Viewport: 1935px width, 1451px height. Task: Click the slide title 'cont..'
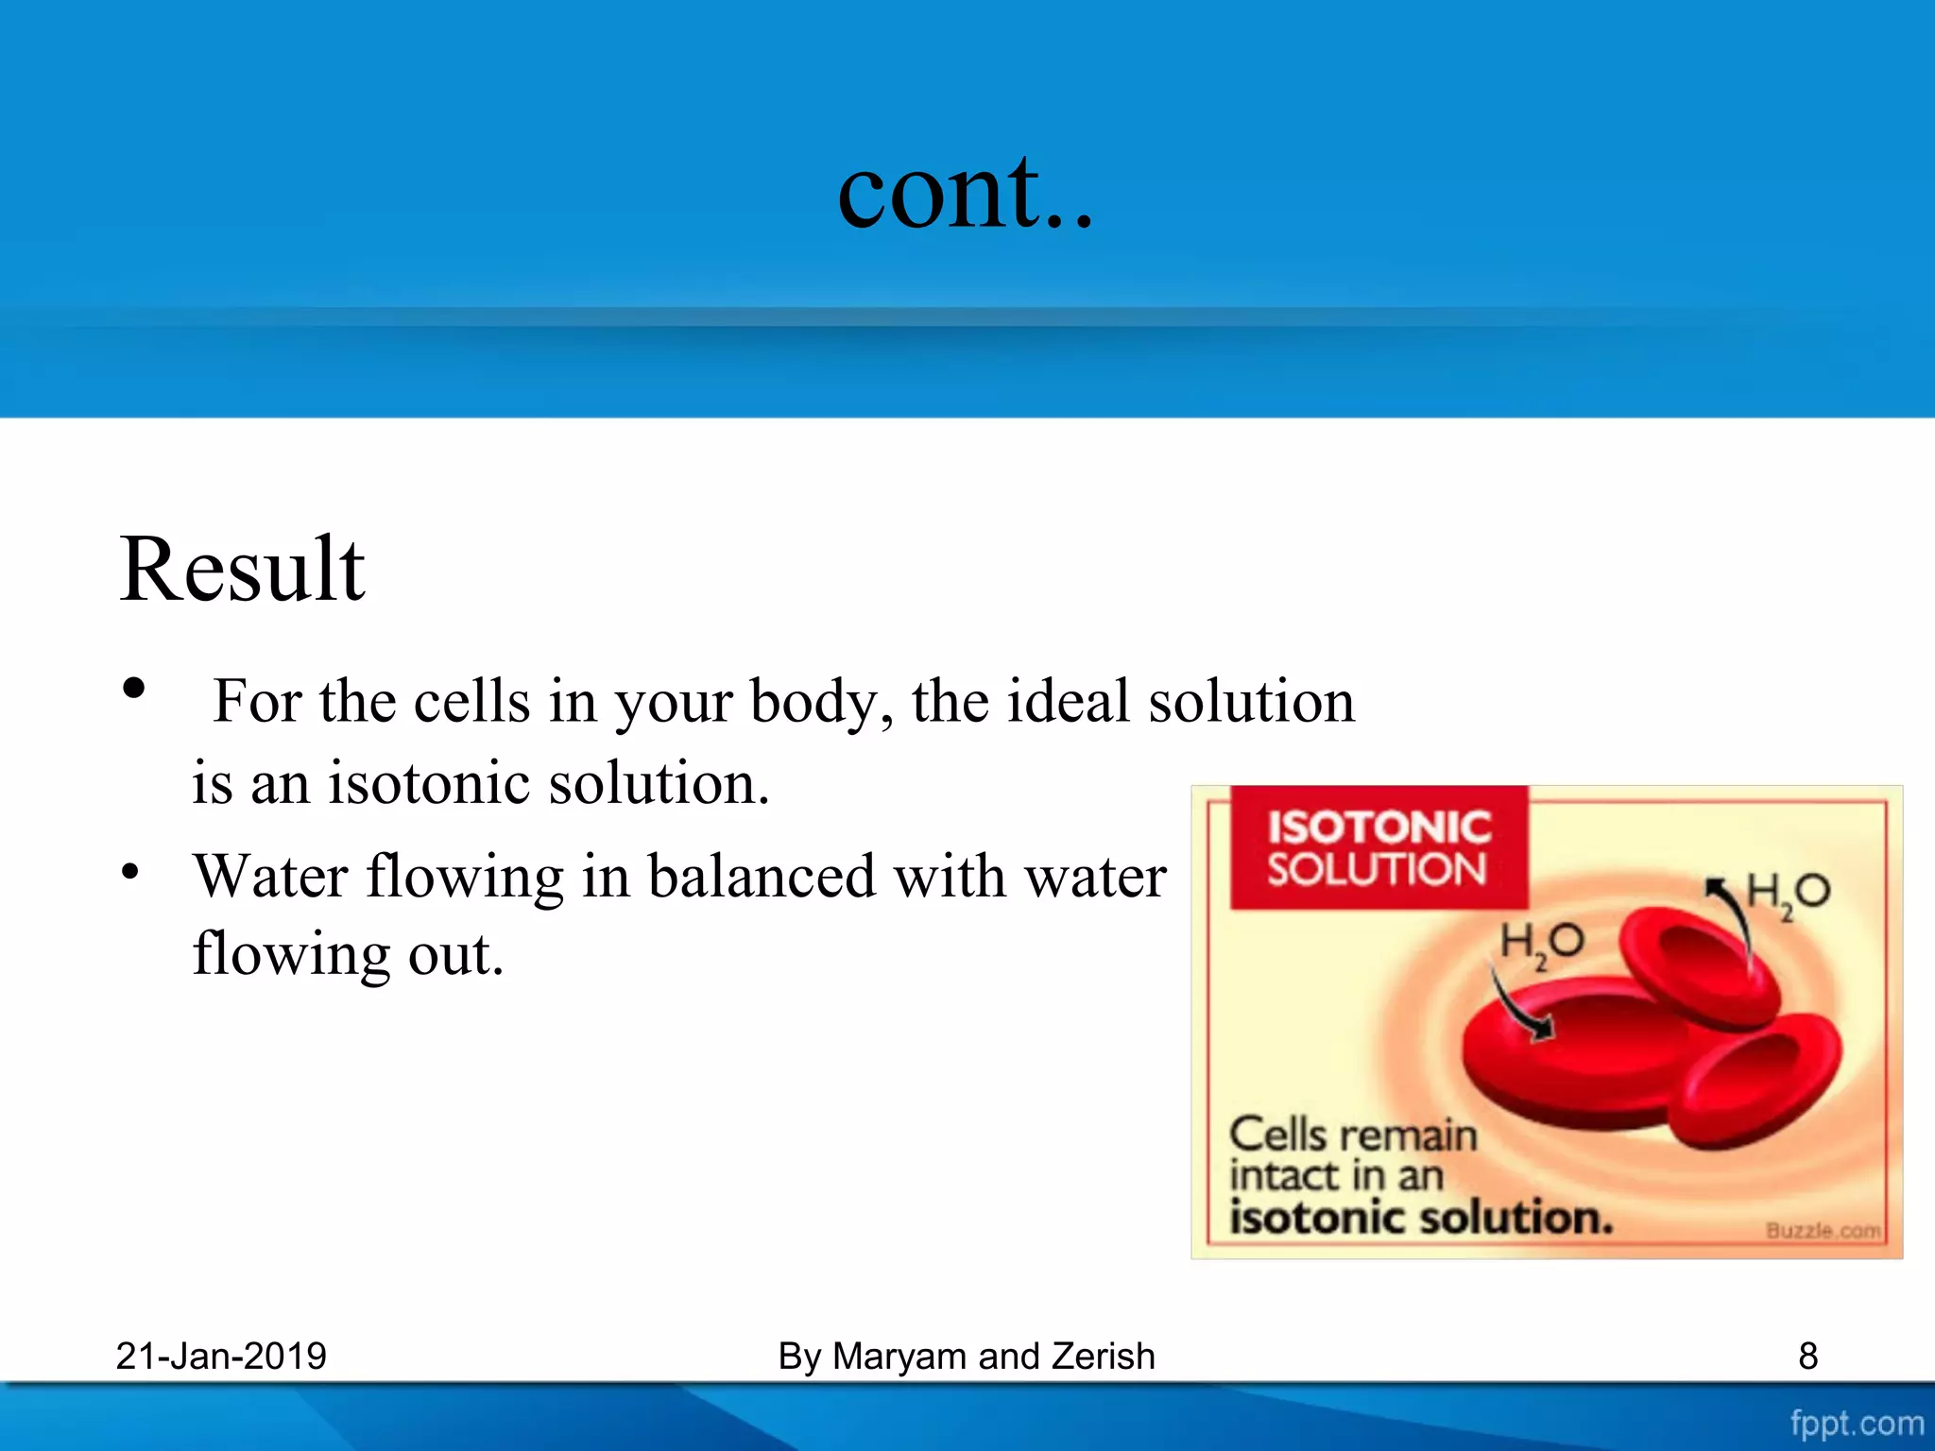[x=965, y=194]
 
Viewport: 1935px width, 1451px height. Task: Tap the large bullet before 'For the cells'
[x=134, y=688]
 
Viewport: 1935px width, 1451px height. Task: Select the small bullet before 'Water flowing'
[x=130, y=871]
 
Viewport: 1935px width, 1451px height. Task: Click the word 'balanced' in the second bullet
[x=763, y=877]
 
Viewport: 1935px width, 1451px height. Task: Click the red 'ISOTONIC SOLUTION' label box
[x=1378, y=847]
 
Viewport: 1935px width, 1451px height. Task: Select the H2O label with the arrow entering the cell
[x=1541, y=944]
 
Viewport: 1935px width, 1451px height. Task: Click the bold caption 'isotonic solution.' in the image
[x=1420, y=1218]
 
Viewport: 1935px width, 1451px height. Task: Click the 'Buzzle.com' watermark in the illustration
[x=1823, y=1230]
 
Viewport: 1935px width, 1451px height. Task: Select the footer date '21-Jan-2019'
[x=221, y=1357]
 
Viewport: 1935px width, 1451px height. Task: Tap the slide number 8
[x=1807, y=1357]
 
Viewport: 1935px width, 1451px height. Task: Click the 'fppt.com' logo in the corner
[x=1856, y=1423]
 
